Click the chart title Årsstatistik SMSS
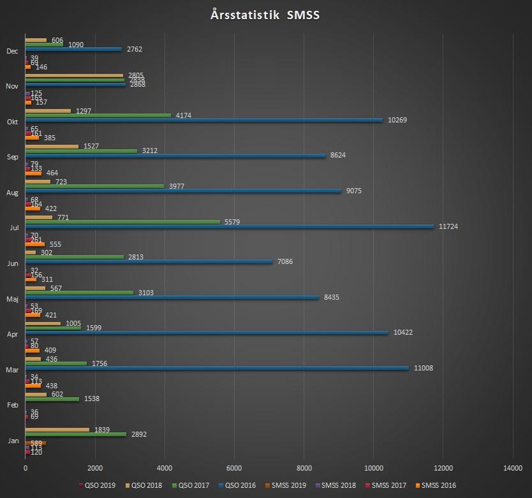265,15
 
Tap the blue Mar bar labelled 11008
217,368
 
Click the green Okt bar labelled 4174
98,115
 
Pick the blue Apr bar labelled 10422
207,333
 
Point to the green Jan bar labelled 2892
76,434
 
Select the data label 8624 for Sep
337,156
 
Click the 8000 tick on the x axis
304,469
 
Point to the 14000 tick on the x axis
513,469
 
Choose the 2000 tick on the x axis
95,469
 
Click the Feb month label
12,404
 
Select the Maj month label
12,298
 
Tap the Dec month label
12,51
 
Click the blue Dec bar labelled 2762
73,49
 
